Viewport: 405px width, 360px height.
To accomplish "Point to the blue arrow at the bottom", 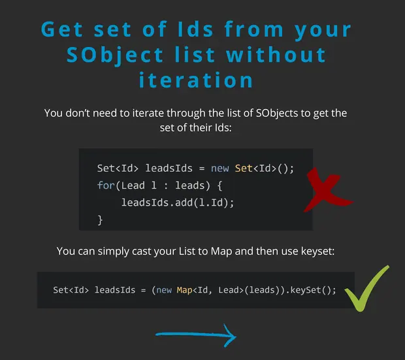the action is click(196, 335).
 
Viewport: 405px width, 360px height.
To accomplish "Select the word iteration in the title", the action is click(196, 80).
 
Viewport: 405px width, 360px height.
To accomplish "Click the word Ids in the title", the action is click(195, 29).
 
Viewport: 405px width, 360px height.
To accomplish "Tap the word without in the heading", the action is click(276, 55).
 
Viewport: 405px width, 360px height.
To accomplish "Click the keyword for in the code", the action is click(106, 186).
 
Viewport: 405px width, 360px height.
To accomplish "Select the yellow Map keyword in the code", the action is click(184, 290).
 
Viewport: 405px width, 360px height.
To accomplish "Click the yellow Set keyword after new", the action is click(244, 169).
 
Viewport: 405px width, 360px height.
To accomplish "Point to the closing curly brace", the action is click(100, 220).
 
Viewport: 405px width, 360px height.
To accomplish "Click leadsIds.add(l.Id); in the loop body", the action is click(178, 203).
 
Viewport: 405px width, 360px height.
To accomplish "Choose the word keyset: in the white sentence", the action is click(317, 251).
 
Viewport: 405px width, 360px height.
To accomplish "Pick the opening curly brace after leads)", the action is click(219, 186).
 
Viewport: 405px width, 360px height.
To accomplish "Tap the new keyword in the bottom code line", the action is click(164, 290).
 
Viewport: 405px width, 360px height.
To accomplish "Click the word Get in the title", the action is click(62, 29).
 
